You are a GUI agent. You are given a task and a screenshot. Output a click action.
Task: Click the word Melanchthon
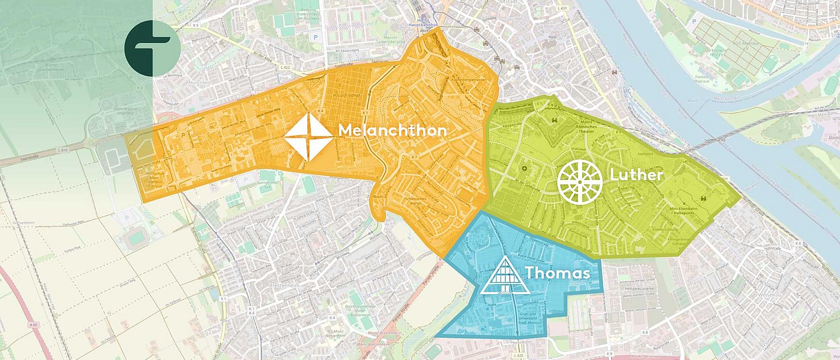point(392,130)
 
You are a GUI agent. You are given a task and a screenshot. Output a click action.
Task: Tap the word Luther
point(636,175)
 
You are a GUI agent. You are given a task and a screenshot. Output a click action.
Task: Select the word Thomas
point(556,273)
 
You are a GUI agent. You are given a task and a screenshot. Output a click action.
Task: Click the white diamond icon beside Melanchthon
point(309,137)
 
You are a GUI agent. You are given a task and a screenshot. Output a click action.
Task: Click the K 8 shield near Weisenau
point(797,243)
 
